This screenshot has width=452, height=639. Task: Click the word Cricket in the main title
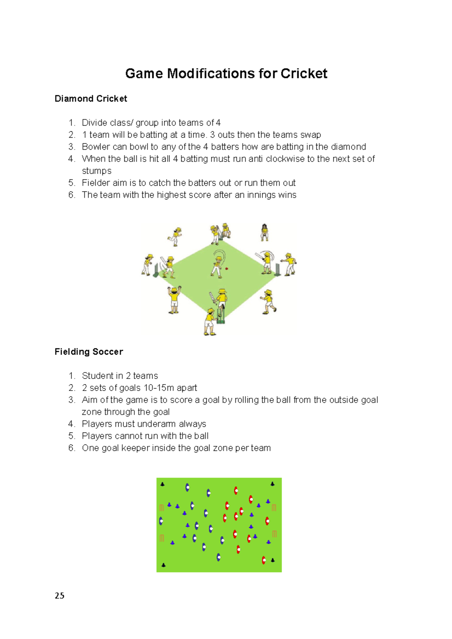[x=304, y=73]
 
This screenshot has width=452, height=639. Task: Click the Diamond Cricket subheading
[x=91, y=99]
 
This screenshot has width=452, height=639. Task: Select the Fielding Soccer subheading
[x=89, y=351]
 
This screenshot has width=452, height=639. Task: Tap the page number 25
[x=60, y=595]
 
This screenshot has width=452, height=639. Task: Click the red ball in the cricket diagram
[x=226, y=269]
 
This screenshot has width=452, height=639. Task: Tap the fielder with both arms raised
[x=174, y=299]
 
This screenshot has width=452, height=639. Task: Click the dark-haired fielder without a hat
[x=264, y=232]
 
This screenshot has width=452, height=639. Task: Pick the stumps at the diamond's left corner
[x=156, y=270]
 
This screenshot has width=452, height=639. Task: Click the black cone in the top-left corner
[x=162, y=484]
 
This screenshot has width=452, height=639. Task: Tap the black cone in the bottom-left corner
[x=163, y=565]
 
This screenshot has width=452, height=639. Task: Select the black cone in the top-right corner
[x=272, y=484]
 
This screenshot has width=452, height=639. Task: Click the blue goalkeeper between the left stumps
[x=161, y=521]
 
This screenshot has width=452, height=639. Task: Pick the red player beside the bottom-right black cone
[x=264, y=560]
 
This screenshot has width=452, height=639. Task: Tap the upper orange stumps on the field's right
[x=274, y=508]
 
